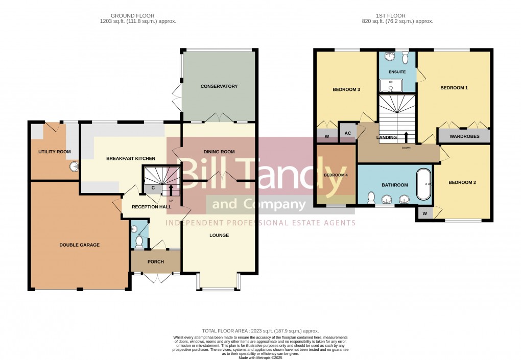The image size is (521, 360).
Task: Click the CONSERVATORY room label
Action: tap(219, 86)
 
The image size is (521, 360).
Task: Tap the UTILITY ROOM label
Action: tap(54, 152)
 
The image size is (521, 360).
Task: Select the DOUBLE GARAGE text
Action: tap(79, 245)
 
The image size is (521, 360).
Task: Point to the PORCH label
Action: tap(156, 262)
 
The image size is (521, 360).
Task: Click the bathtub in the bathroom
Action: tap(424, 184)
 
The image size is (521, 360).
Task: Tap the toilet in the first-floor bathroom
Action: tap(372, 197)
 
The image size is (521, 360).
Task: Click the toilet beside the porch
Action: tap(139, 240)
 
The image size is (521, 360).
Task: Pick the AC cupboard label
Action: tap(348, 133)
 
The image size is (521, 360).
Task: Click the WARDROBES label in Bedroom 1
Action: tap(464, 136)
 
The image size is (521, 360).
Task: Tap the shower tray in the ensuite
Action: tap(391, 85)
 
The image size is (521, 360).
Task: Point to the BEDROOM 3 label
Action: tap(346, 90)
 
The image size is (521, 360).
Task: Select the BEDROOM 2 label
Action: tap(462, 182)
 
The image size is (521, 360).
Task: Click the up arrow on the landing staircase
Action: tap(406, 137)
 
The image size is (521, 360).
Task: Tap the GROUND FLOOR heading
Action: tap(133, 16)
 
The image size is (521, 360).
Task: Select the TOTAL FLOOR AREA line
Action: tap(260, 331)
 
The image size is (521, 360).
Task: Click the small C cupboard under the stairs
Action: tap(153, 189)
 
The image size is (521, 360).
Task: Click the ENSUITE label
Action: tap(397, 72)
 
